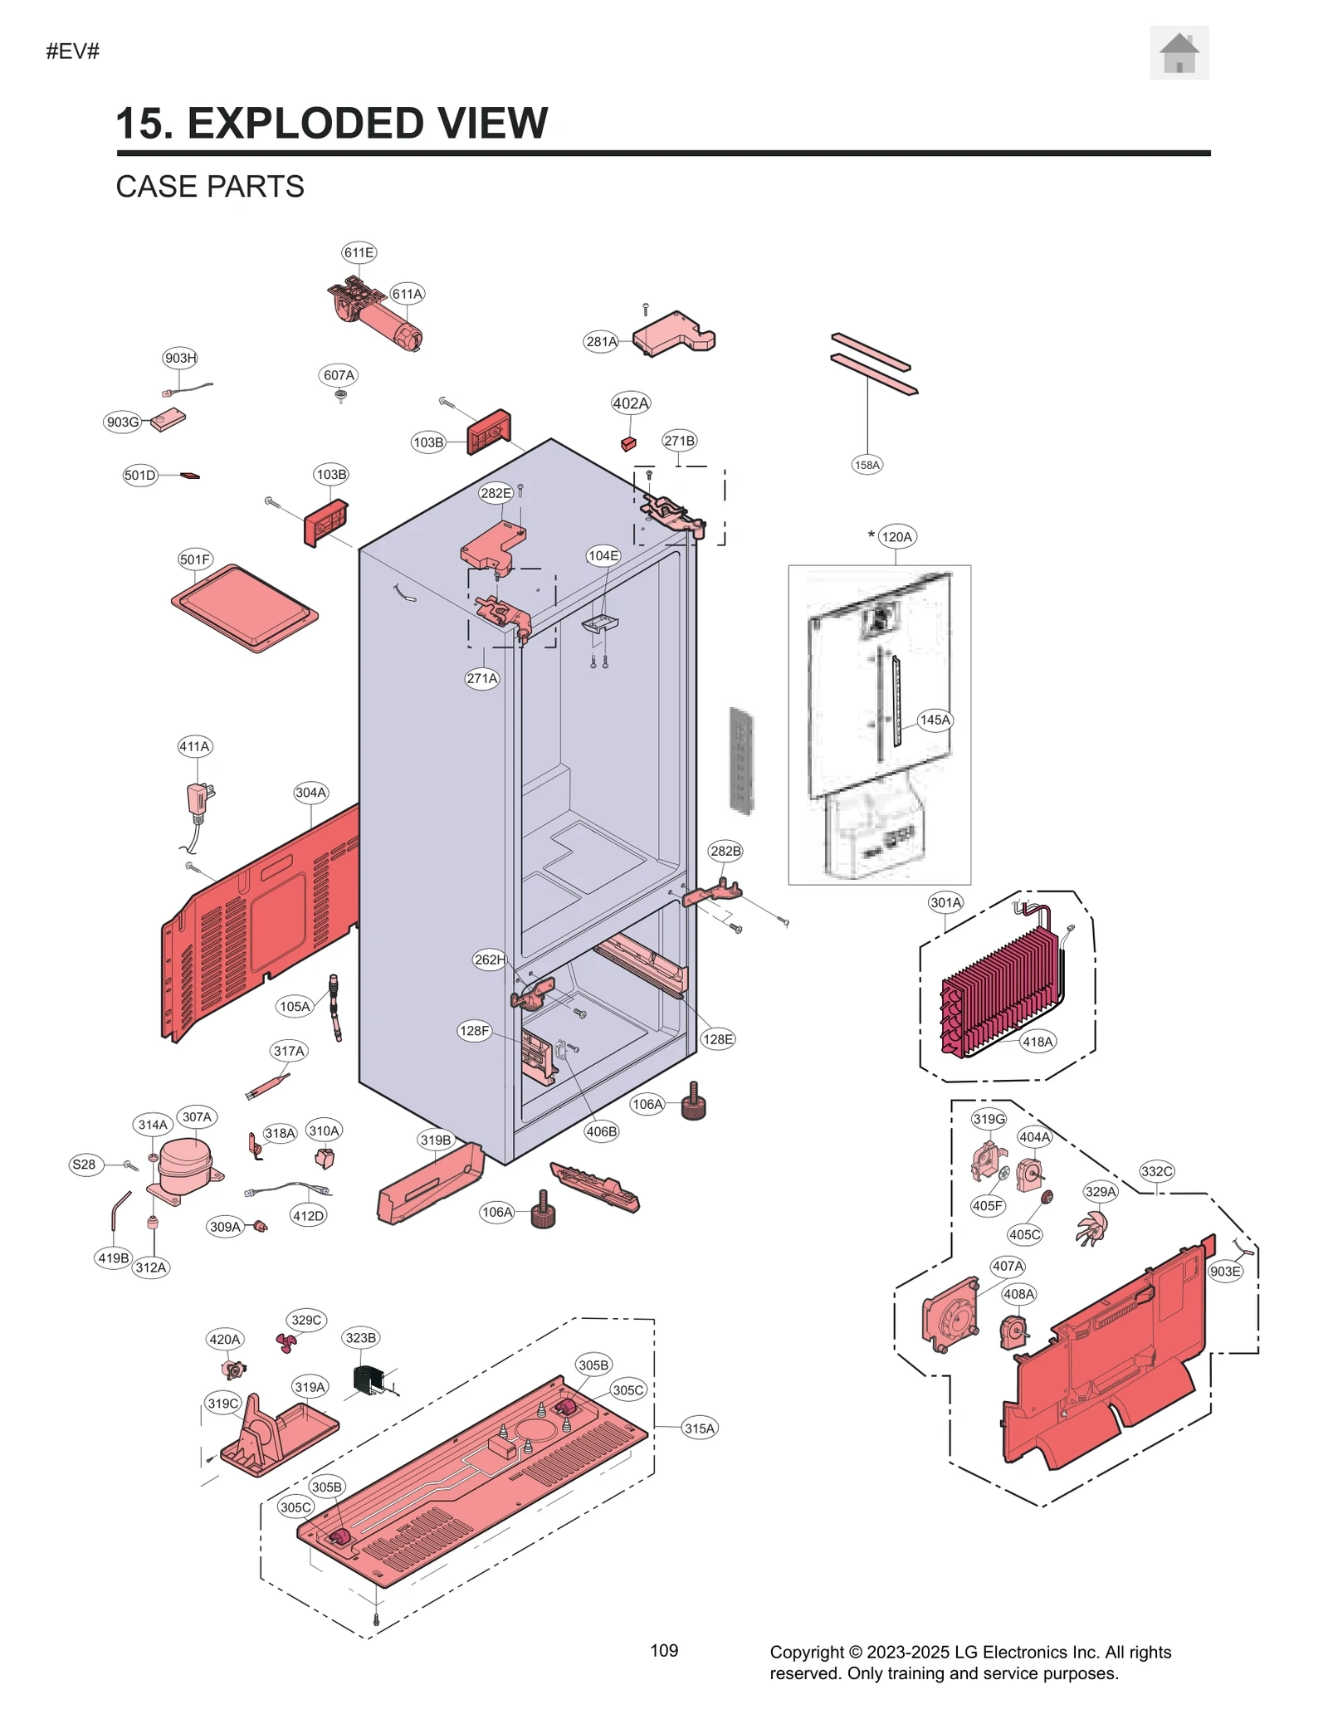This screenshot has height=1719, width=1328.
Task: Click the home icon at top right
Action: [x=1178, y=53]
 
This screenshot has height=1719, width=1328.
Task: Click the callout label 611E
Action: [x=359, y=252]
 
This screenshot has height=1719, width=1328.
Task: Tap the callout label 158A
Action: [x=867, y=465]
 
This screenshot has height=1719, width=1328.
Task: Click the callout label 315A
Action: [x=699, y=1428]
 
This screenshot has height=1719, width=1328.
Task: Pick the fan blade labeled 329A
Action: [x=1091, y=1228]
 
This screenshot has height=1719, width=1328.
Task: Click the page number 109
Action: [x=663, y=1650]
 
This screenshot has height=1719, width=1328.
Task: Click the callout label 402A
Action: [x=630, y=403]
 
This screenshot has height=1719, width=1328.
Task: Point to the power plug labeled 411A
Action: [x=198, y=801]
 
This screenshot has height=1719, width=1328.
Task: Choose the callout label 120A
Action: [x=896, y=537]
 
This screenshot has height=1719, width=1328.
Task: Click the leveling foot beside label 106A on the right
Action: [x=694, y=1103]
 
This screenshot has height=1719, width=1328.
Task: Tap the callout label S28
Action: [x=84, y=1165]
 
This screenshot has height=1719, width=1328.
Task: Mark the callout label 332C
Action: [x=1156, y=1171]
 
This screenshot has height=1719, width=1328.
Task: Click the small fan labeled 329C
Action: [x=286, y=1342]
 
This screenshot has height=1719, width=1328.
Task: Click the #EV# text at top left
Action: [x=73, y=51]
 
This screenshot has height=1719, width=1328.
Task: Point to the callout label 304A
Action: [x=310, y=793]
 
